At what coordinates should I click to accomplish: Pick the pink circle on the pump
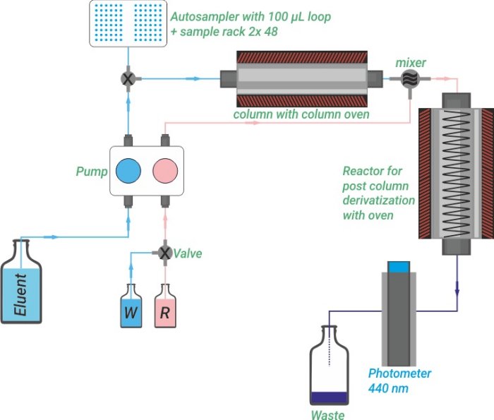click(167, 171)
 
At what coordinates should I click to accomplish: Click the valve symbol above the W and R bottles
click(164, 252)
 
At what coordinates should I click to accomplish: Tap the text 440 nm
click(390, 388)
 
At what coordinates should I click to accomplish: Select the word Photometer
click(399, 373)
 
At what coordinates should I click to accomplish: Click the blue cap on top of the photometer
click(399, 267)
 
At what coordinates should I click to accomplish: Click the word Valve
click(188, 253)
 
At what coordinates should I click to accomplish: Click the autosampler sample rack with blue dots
click(128, 23)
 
